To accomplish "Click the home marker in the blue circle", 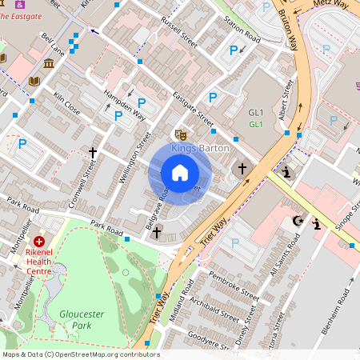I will (180, 173).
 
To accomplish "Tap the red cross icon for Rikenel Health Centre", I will (39, 240).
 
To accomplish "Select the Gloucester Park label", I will (82, 319).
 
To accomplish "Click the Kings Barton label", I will (200, 148).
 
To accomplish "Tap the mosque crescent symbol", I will (300, 220).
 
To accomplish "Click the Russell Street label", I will (178, 31).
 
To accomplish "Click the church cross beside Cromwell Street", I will (93, 151).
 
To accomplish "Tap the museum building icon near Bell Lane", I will (50, 63).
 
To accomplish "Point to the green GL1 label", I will (256, 125).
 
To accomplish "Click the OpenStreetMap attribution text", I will (80, 354).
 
